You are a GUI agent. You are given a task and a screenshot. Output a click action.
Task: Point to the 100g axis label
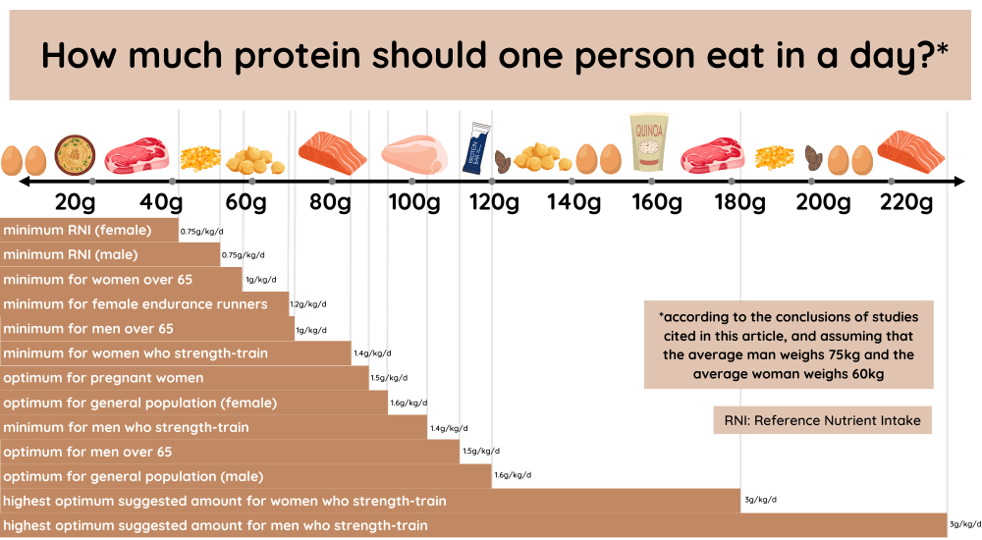(x=413, y=203)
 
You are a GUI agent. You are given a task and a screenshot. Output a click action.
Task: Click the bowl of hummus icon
(x=74, y=155)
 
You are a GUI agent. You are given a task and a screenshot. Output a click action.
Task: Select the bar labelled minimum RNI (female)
(x=89, y=231)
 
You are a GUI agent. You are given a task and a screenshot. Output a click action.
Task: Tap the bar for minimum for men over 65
(x=147, y=329)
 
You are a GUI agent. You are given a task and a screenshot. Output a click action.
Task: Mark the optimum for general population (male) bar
(x=245, y=476)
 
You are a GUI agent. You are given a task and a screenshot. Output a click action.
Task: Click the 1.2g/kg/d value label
(x=307, y=305)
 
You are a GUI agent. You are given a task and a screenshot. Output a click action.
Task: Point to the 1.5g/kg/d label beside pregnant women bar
(x=389, y=378)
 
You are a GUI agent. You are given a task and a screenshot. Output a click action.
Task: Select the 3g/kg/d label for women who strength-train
(x=760, y=501)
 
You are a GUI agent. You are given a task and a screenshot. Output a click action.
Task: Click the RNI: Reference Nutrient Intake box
(x=822, y=420)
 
